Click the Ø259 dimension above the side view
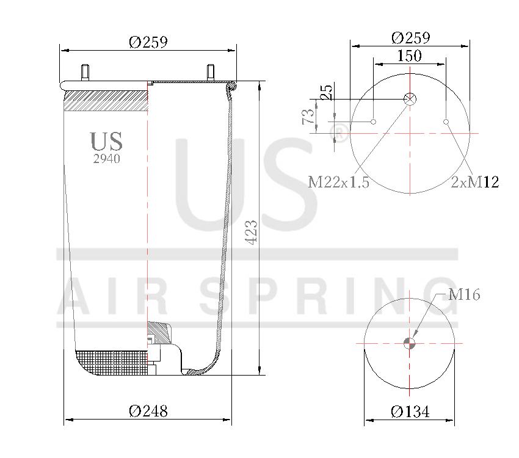click(148, 42)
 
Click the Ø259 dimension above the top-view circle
click(410, 37)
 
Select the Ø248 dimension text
click(148, 412)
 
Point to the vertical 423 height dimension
click(252, 232)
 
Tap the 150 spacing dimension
click(409, 56)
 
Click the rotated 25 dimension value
click(327, 92)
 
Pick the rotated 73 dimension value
click(308, 116)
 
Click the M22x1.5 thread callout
click(339, 182)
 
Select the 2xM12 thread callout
click(475, 182)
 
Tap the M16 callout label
click(464, 295)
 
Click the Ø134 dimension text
click(410, 412)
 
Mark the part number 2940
click(106, 159)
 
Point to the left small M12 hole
click(374, 122)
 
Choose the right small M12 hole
click(446, 122)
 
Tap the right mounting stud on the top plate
click(211, 71)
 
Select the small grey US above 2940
click(106, 141)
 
